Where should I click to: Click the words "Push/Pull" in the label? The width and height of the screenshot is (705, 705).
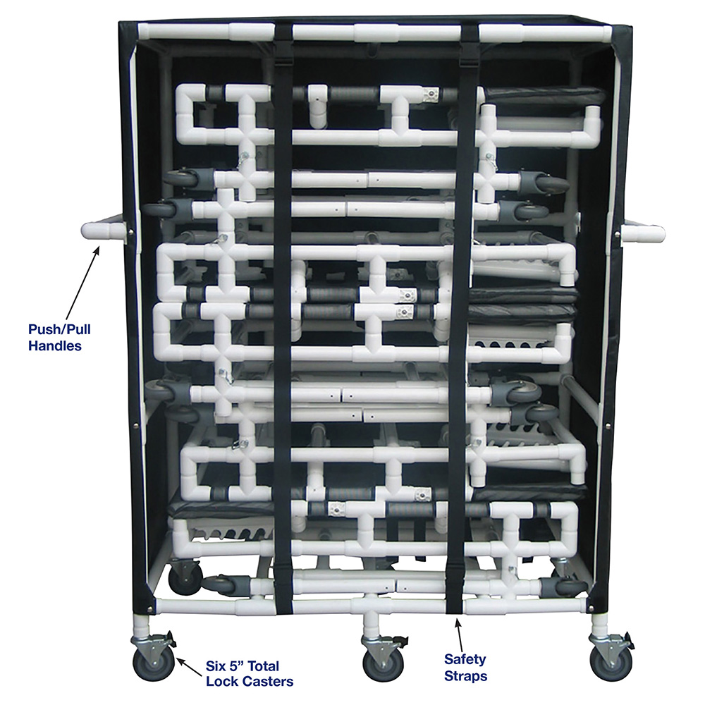click(x=59, y=329)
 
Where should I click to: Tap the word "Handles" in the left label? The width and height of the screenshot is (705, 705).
click(x=55, y=345)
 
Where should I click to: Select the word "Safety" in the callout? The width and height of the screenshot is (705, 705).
click(x=465, y=659)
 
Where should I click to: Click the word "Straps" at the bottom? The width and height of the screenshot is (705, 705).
click(x=465, y=676)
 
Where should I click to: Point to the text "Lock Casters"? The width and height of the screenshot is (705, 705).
click(x=250, y=681)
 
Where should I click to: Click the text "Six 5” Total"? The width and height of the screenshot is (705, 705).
click(x=243, y=666)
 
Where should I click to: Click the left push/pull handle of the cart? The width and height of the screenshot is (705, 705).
click(x=104, y=231)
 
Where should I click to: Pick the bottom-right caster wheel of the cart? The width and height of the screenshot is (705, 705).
click(x=611, y=663)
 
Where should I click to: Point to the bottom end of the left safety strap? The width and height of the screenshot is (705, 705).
click(x=283, y=612)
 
